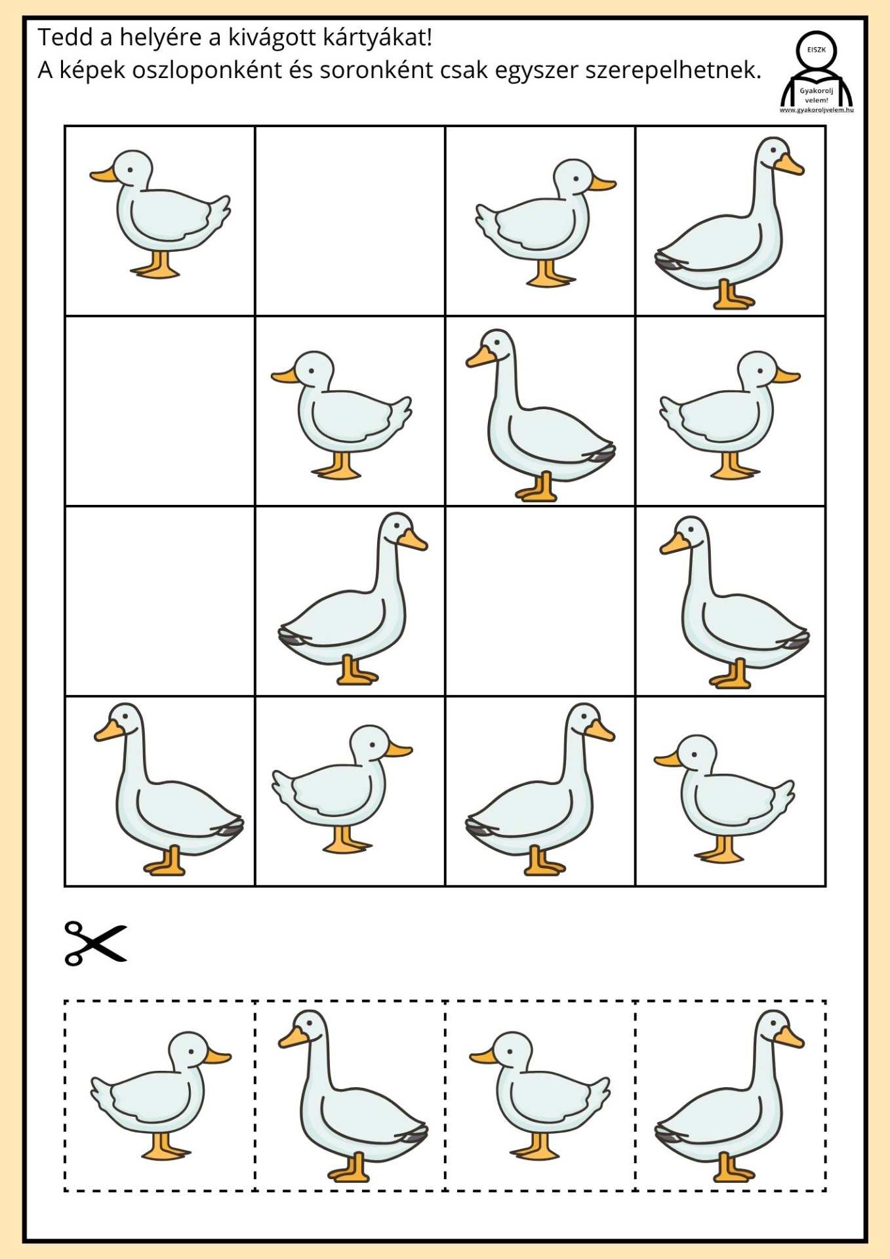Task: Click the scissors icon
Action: [96, 943]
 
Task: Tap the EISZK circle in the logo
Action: [817, 50]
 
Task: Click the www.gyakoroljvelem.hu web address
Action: [817, 110]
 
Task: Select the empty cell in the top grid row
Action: [350, 221]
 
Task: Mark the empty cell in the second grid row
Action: [160, 411]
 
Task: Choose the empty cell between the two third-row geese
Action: [540, 601]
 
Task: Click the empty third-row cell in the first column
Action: [160, 601]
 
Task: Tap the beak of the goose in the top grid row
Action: [789, 165]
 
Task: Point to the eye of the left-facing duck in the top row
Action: [131, 169]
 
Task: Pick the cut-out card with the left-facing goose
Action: [350, 1096]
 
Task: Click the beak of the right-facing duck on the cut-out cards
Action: [218, 1056]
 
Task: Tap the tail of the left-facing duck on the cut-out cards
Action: [597, 1093]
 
